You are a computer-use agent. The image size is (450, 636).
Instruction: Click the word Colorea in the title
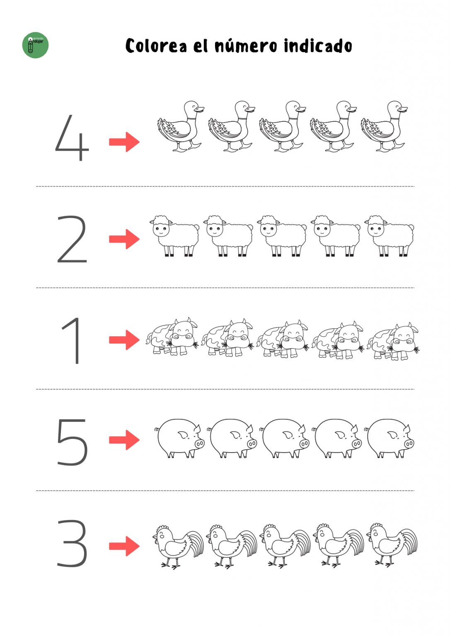[156, 46]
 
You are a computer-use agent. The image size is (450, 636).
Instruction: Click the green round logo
[35, 45]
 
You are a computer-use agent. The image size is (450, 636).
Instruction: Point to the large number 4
[72, 139]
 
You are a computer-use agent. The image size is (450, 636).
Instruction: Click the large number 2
[72, 239]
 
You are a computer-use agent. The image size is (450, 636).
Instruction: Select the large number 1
[72, 340]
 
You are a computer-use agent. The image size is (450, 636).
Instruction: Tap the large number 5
[72, 441]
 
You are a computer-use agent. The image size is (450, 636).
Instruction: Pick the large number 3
[72, 543]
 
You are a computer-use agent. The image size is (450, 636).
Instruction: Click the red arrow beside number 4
[124, 142]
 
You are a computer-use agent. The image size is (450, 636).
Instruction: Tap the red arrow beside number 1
[124, 340]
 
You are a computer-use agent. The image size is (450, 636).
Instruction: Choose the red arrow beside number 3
[124, 546]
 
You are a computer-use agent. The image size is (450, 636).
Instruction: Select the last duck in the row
[384, 127]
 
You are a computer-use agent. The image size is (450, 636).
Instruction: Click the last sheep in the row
[390, 235]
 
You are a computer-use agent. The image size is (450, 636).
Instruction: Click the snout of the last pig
[409, 443]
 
